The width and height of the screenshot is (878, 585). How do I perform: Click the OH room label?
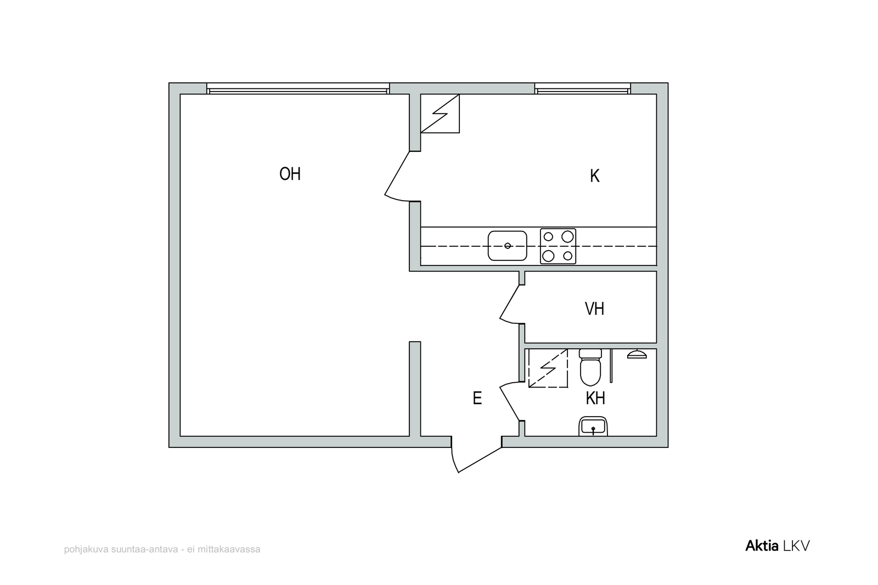(290, 174)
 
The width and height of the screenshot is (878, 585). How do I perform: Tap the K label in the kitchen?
(595, 176)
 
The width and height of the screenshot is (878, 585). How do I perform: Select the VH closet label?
(594, 309)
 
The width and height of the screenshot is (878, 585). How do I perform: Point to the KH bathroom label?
(595, 398)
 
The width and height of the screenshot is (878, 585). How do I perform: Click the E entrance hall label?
(477, 398)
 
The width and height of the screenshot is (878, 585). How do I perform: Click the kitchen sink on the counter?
(507, 246)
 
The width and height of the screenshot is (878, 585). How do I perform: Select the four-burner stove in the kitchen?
(558, 246)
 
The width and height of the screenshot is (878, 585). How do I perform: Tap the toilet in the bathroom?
(590, 367)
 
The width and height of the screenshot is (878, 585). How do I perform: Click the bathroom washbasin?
(593, 427)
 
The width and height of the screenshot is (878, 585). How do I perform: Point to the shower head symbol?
(637, 354)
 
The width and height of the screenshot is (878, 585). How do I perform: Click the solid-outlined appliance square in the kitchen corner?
(440, 113)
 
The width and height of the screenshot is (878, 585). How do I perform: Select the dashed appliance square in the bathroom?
(548, 368)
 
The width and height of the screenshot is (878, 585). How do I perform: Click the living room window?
(298, 88)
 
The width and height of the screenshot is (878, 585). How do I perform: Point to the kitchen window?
(582, 88)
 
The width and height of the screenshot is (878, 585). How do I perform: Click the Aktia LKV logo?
(778, 546)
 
